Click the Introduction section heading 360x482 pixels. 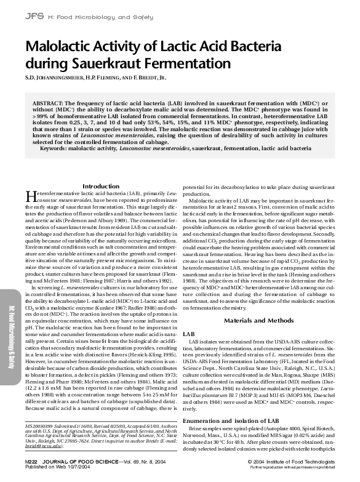click(x=101, y=185)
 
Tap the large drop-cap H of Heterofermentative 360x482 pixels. click(x=30, y=197)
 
